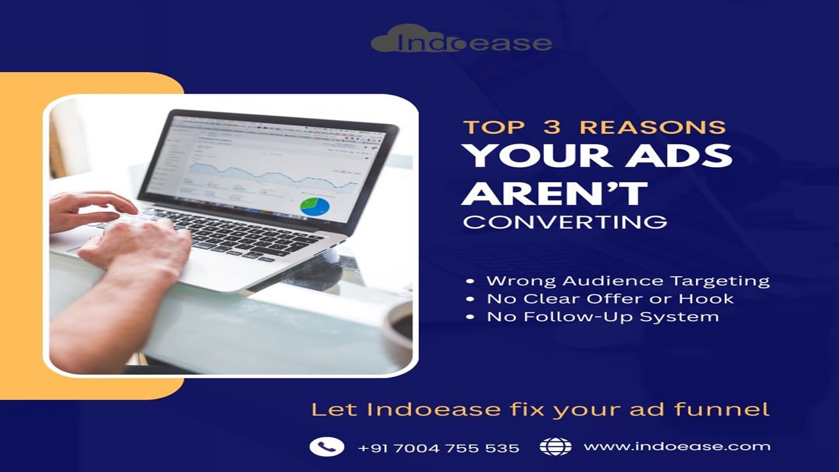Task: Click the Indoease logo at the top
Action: point(461,39)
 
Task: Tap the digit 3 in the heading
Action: point(552,127)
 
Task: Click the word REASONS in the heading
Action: point(653,127)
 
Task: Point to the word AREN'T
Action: point(555,193)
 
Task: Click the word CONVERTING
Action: point(565,222)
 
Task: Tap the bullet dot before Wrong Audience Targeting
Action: point(470,281)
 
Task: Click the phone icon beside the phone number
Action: point(326,446)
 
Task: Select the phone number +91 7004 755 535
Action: point(439,448)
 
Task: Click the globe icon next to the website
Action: point(555,446)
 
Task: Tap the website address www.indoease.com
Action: point(677,446)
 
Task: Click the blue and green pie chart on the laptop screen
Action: point(315,207)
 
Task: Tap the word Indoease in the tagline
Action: point(433,409)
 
